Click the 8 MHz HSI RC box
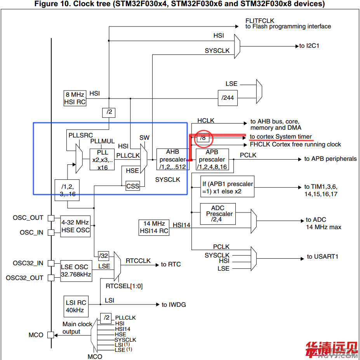75,98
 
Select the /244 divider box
228,97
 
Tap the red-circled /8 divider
202,137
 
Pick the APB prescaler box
212,159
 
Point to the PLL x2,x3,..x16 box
103,159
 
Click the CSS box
133,186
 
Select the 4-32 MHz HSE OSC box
75,226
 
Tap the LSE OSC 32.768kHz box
76,271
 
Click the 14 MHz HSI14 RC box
154,227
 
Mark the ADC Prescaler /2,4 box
217,214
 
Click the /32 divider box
104,255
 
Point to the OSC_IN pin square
51,233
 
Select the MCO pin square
51,335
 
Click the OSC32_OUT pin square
51,278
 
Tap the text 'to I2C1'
309,46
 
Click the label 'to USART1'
323,257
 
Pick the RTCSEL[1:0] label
124,286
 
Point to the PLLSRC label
81,136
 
